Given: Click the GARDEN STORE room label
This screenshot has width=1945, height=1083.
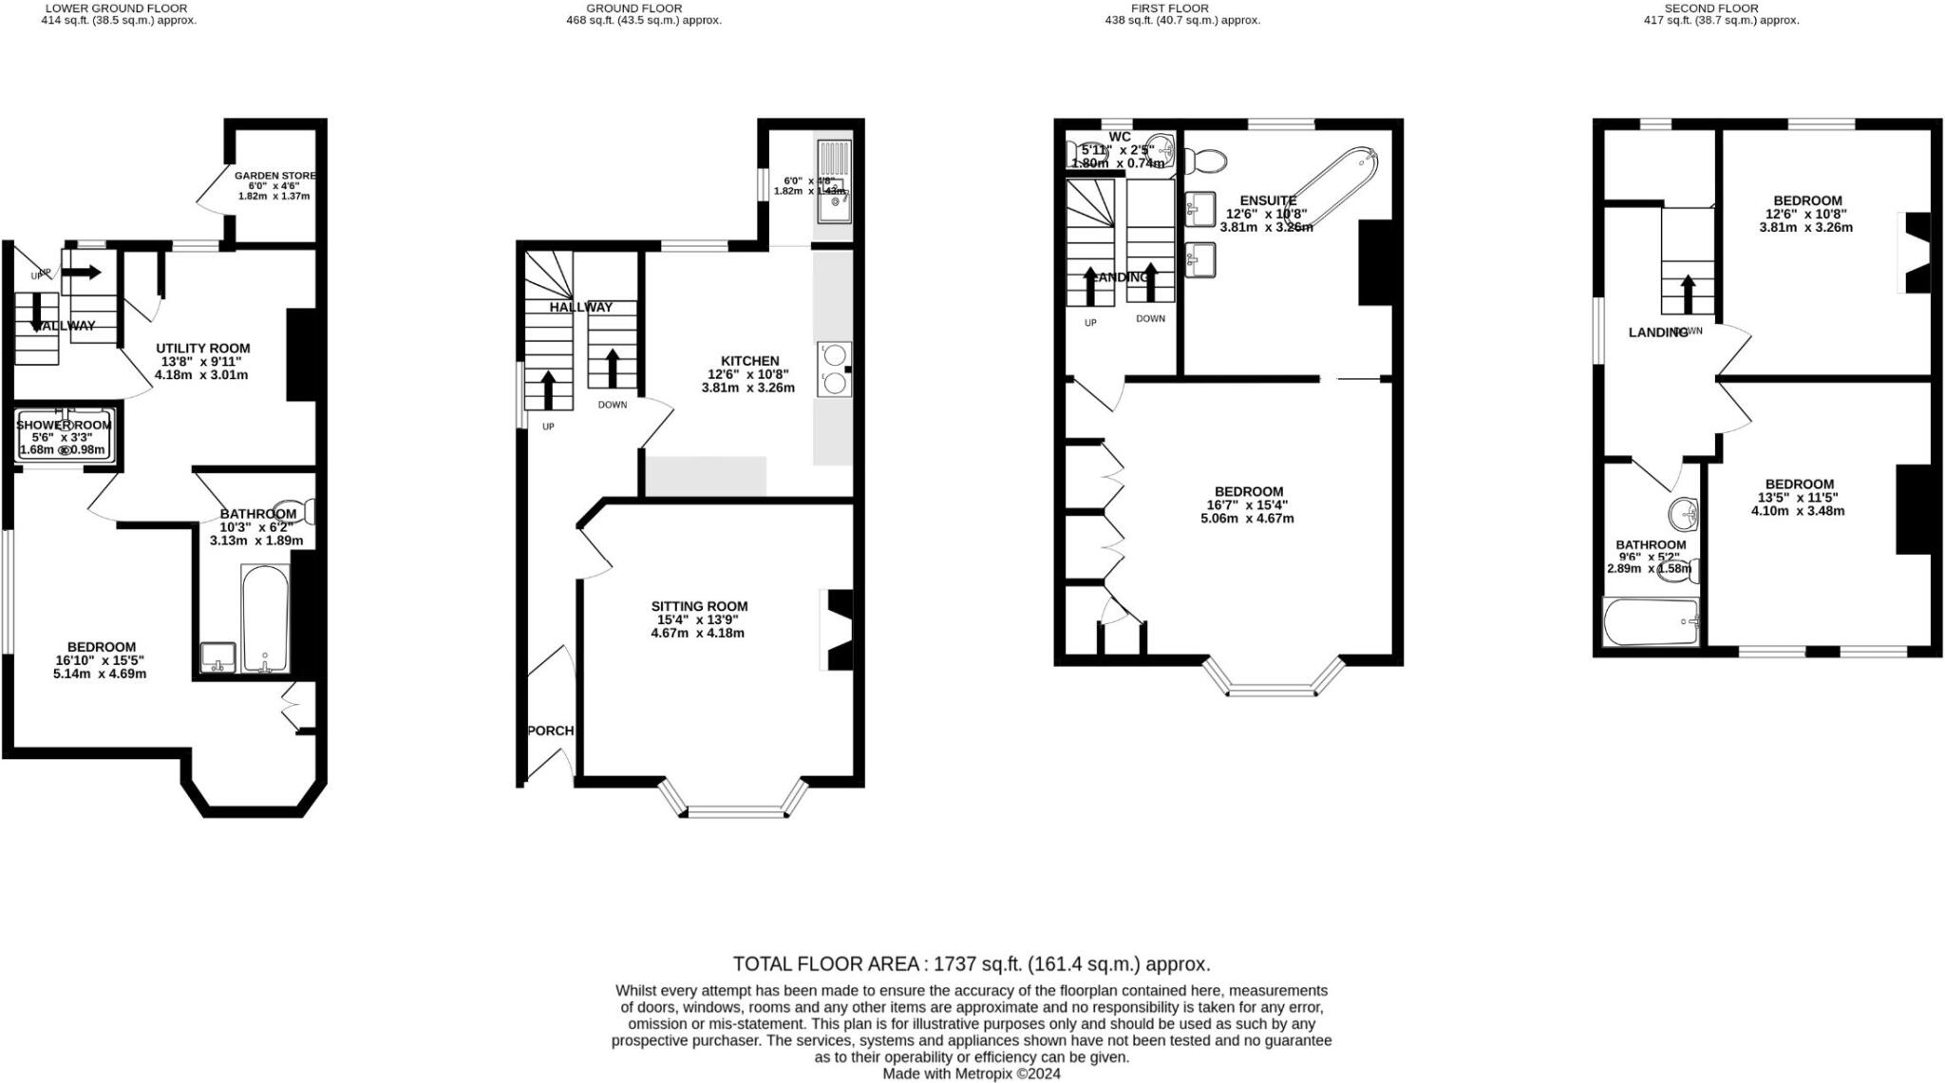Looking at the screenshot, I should pyautogui.click(x=274, y=176).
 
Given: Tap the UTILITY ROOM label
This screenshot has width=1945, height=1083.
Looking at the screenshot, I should pyautogui.click(x=203, y=348).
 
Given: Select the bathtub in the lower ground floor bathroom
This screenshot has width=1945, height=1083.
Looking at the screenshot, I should pyautogui.click(x=265, y=618).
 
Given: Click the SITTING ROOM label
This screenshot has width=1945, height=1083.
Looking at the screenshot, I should pyautogui.click(x=699, y=606).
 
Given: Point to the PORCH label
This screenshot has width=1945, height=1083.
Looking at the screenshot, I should pyautogui.click(x=551, y=731).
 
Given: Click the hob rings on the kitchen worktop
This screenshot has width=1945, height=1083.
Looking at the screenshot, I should pyautogui.click(x=834, y=369).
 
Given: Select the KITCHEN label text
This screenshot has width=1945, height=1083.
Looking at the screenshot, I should pyautogui.click(x=749, y=361).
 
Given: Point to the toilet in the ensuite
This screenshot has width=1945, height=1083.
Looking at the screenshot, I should pyautogui.click(x=1205, y=160).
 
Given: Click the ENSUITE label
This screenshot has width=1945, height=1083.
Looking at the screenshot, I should pyautogui.click(x=1268, y=200).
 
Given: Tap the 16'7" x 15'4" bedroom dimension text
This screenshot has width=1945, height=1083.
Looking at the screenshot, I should pyautogui.click(x=1247, y=505).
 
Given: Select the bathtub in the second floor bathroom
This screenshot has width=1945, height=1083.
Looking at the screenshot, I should pyautogui.click(x=1651, y=622).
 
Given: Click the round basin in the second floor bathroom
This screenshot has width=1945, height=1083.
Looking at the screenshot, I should pyautogui.click(x=1684, y=514).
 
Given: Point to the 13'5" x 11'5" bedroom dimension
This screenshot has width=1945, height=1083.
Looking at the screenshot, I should pyautogui.click(x=1798, y=497).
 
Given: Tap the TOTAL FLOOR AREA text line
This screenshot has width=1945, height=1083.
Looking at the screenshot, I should pyautogui.click(x=972, y=964).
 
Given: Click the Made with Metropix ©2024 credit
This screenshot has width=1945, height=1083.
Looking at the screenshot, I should pyautogui.click(x=972, y=1073).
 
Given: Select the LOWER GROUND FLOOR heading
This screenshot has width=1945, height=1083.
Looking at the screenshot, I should pyautogui.click(x=117, y=8).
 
